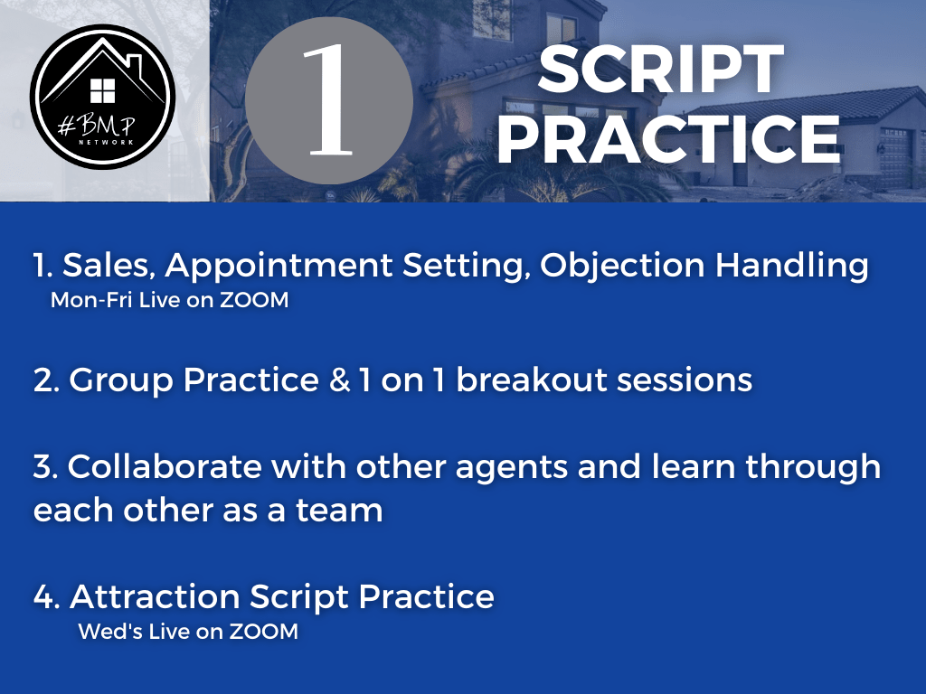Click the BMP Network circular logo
[x=103, y=97]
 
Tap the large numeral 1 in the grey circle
[x=328, y=100]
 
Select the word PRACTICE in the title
[x=668, y=138]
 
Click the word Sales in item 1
[x=109, y=265]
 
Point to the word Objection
[x=622, y=266]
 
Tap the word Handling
[x=792, y=266]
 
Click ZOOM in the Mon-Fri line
[x=254, y=300]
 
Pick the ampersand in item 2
[x=340, y=380]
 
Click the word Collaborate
[x=165, y=466]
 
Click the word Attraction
[x=155, y=596]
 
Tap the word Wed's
[x=109, y=632]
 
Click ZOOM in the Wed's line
[x=264, y=632]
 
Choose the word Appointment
[x=279, y=266]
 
